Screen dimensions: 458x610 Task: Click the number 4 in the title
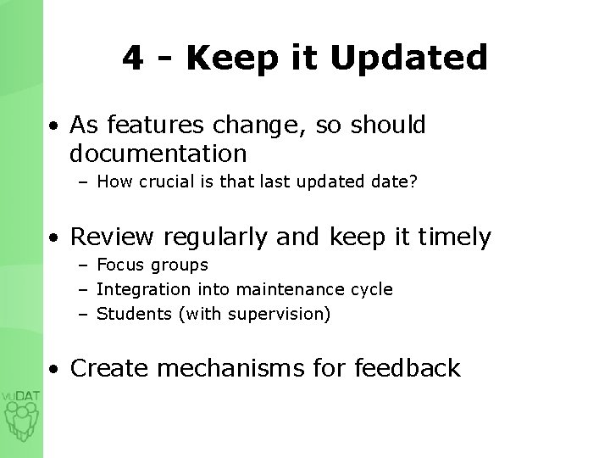[x=131, y=58]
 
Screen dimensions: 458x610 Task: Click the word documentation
[x=158, y=154]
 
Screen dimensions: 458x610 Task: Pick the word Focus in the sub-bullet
[x=118, y=265]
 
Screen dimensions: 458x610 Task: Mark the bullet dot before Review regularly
[x=53, y=239]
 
